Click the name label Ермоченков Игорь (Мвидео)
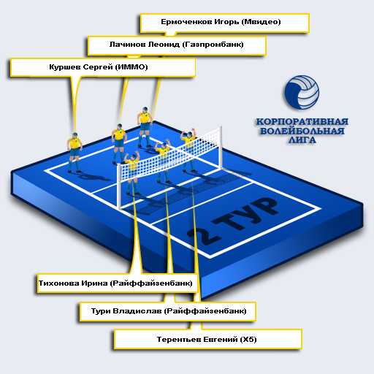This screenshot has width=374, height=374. (221, 22)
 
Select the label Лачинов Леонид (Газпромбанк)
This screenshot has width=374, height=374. (176, 45)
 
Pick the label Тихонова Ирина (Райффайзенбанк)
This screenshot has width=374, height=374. (115, 283)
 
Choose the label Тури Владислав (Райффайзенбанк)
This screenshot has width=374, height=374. (169, 311)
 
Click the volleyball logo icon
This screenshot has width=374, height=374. (302, 92)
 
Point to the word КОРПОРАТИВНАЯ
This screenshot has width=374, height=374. (302, 121)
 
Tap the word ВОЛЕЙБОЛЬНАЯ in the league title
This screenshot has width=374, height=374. (302, 131)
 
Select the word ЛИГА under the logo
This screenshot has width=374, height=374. (302, 140)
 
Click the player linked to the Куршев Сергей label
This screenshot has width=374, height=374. (75, 153)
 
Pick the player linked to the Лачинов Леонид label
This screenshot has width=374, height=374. (119, 144)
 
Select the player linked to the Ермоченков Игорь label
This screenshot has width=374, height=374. (145, 127)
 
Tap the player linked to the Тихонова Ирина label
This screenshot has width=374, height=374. (131, 172)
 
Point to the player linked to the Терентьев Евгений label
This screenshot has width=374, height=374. (188, 150)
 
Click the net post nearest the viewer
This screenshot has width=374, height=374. (119, 187)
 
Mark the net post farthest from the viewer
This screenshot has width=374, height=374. (220, 147)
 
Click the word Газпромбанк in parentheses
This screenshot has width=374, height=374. (213, 45)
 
